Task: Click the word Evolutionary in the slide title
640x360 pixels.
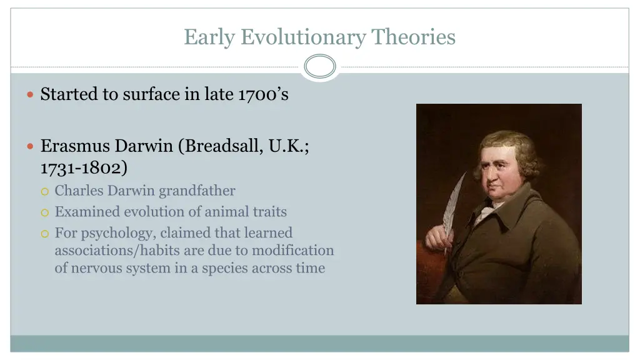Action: coord(304,37)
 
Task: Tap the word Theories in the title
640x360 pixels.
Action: coord(414,37)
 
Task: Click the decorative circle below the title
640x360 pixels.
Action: coord(320,66)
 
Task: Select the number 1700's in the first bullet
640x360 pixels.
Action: coord(263,94)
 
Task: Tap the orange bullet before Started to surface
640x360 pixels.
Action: coord(31,94)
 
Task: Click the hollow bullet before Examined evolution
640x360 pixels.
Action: coord(44,212)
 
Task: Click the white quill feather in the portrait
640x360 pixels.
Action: coord(454,206)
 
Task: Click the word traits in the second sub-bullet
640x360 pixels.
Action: coord(270,212)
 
